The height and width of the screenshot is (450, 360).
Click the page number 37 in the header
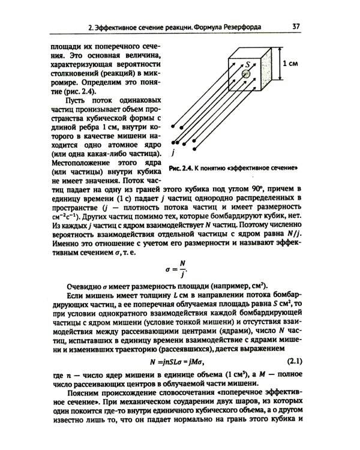pos(296,26)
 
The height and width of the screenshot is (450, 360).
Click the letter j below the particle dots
pos(173,153)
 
